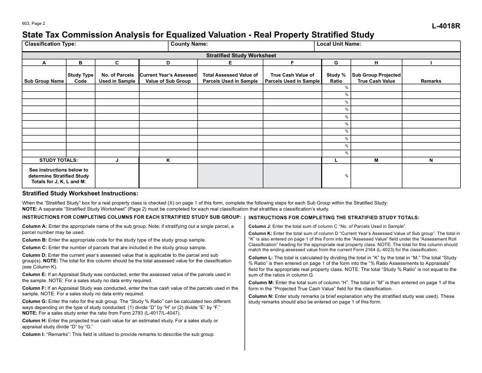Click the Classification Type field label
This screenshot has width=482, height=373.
(50, 44)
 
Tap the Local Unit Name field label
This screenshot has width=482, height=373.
(338, 44)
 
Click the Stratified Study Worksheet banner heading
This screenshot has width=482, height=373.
(241, 56)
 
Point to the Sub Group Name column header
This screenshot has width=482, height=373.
(44, 81)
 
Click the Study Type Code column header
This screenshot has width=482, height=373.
(81, 78)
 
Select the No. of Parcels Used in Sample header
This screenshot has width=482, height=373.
(117, 78)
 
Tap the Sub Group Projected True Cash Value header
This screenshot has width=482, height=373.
(376, 78)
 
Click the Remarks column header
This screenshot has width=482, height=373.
(431, 81)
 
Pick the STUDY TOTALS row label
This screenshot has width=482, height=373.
(58, 160)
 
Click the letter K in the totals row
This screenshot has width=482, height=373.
(168, 160)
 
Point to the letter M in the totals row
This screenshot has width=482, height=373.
(376, 160)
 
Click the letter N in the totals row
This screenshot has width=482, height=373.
(431, 160)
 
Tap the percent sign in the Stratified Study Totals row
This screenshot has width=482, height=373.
(347, 176)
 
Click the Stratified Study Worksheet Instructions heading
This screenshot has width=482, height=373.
(80, 193)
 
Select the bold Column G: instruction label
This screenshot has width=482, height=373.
(35, 301)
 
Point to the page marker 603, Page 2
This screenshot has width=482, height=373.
(34, 23)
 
